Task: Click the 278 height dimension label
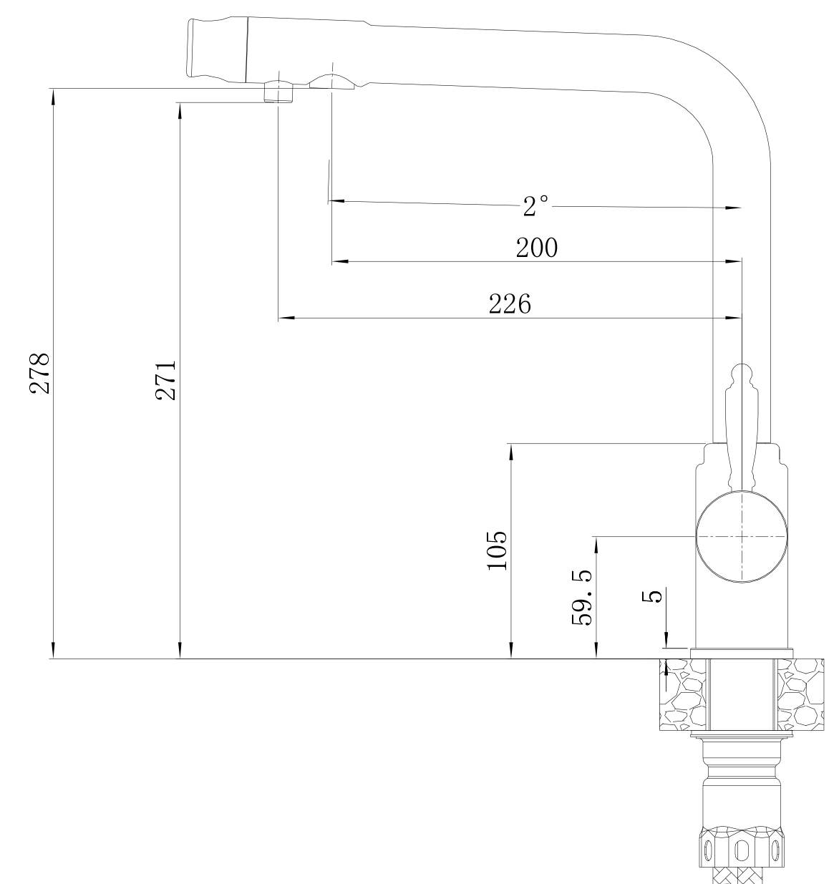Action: click(x=39, y=374)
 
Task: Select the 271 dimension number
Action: click(x=165, y=380)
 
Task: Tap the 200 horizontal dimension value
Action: click(x=537, y=248)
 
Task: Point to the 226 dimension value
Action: click(x=510, y=304)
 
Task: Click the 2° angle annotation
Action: click(x=535, y=206)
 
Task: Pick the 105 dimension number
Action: click(x=497, y=551)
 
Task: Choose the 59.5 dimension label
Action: click(x=581, y=598)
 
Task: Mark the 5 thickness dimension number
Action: click(x=651, y=596)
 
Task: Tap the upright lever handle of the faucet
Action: click(x=741, y=427)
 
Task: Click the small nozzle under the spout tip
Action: click(x=278, y=92)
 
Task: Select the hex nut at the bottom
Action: click(x=742, y=847)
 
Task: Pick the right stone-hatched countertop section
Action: click(x=801, y=695)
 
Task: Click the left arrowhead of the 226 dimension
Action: click(x=286, y=318)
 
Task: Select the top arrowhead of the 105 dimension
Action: click(x=511, y=451)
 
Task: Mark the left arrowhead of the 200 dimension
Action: click(x=339, y=261)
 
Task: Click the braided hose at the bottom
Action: click(x=742, y=876)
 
